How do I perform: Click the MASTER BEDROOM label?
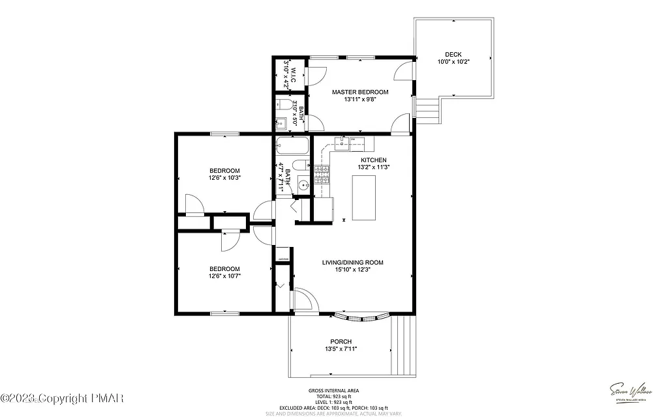360,92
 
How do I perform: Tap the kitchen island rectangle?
365,197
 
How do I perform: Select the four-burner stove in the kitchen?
322,172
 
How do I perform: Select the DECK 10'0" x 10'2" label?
453,58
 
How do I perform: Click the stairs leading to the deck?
427,111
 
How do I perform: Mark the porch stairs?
403,345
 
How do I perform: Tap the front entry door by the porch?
303,301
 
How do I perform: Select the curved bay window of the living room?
362,319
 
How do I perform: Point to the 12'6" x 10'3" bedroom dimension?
224,177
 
